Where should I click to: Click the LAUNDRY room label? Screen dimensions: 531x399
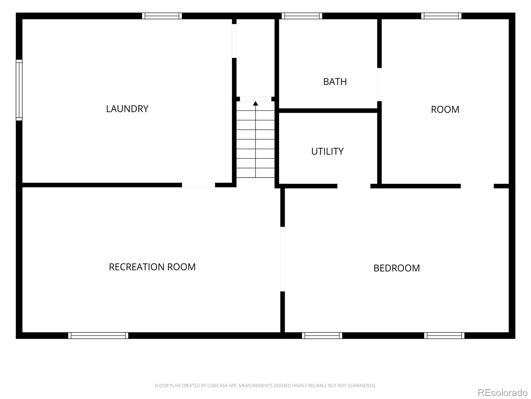tap(127, 109)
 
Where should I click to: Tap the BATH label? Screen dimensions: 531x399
tap(335, 82)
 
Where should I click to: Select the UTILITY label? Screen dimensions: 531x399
tap(327, 151)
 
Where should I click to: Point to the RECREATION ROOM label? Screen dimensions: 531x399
tap(152, 267)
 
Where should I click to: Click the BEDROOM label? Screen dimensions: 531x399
tap(397, 268)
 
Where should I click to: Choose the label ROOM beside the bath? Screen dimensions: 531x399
tap(445, 109)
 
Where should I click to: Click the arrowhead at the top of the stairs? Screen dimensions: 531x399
tap(256, 103)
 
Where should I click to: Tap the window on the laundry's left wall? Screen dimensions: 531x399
tap(19, 90)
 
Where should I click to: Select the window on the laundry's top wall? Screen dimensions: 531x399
tap(162, 16)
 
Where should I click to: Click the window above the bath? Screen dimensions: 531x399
tap(302, 16)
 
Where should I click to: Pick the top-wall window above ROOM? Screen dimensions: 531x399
tap(441, 16)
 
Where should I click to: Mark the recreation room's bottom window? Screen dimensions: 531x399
tap(98, 335)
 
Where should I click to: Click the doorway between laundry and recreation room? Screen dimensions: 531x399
tap(198, 185)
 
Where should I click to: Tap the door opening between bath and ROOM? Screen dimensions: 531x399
tap(379, 84)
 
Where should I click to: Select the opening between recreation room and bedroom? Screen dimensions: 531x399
tap(282, 259)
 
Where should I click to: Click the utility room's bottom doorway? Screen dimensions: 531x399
tap(354, 186)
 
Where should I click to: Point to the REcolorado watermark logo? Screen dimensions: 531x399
tap(503, 392)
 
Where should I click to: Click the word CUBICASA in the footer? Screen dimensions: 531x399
tap(217, 385)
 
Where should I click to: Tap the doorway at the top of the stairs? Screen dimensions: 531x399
tap(256, 99)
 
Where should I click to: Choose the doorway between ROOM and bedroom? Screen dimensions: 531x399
tap(477, 186)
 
